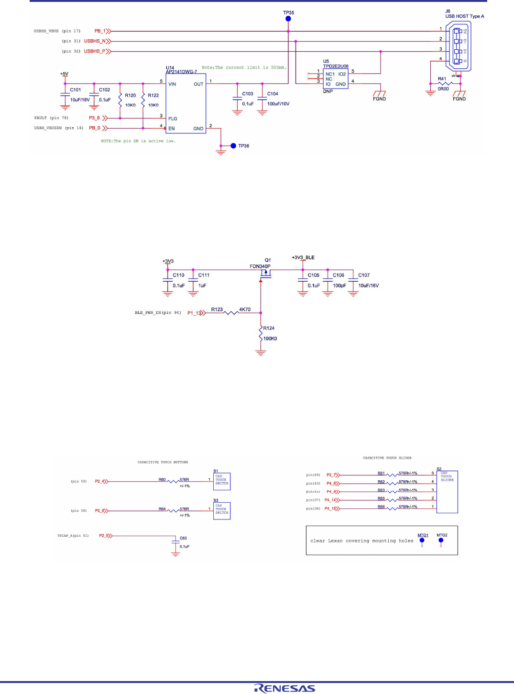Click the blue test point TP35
pyautogui.click(x=288, y=19)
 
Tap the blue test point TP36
pyautogui.click(x=233, y=146)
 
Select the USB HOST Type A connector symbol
pyautogui.click(x=459, y=46)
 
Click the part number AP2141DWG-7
pyautogui.click(x=181, y=72)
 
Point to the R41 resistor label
pyautogui.click(x=442, y=79)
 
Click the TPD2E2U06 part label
pyautogui.click(x=336, y=66)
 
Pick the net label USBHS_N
pyautogui.click(x=95, y=41)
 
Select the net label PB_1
pyautogui.click(x=100, y=31)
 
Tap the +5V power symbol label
pyautogui.click(x=64, y=74)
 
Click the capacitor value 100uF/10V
pyautogui.click(x=278, y=104)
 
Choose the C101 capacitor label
pyautogui.click(x=76, y=90)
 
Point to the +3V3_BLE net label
pyautogui.click(x=303, y=258)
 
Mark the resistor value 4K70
pyautogui.click(x=245, y=309)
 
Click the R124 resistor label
pyautogui.click(x=269, y=328)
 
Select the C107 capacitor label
pyautogui.click(x=364, y=275)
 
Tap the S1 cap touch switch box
pyautogui.click(x=222, y=480)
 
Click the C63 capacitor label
pyautogui.click(x=183, y=538)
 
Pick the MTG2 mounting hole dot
pyautogui.click(x=441, y=540)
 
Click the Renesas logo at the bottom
pyautogui.click(x=284, y=688)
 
